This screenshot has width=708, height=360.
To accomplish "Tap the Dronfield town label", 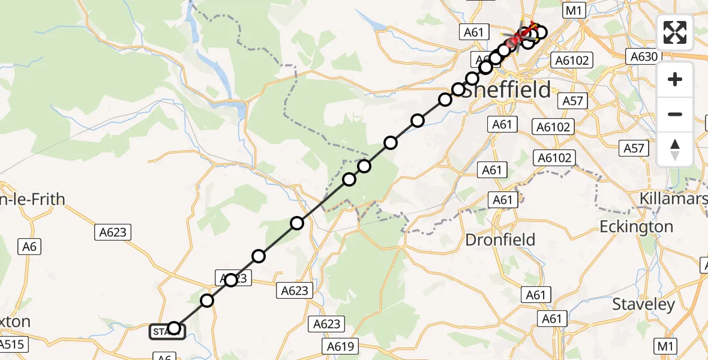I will pos(500,239).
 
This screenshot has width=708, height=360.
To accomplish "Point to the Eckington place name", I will pos(637,227).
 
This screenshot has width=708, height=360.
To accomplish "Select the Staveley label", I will pos(644,304).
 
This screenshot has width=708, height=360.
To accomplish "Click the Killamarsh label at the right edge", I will pos(673,199).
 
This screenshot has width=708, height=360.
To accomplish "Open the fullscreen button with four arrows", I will pos(675,32).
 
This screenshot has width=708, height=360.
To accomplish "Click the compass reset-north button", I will pos(675,149).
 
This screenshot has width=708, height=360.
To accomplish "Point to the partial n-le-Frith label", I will pos(33,199).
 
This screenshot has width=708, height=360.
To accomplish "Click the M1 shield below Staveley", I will pos(665,346).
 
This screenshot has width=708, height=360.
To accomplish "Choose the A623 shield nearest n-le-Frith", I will pos(113,233).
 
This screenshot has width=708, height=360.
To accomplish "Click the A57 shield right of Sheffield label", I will pos(572,101).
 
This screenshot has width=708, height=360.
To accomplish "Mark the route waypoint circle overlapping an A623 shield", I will pos(231,280).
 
